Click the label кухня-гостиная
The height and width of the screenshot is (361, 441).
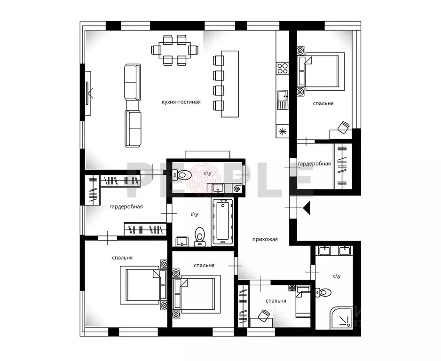[181, 102]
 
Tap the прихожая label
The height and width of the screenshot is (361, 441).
[265, 239]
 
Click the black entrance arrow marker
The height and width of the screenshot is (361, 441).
[307, 208]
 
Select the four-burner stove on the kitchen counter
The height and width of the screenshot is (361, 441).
[283, 68]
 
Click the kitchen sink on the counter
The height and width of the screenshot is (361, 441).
[283, 100]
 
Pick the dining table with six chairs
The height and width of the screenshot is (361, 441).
[174, 50]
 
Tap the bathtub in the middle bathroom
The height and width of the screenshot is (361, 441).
[223, 221]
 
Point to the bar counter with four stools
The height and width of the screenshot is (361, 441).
[226, 84]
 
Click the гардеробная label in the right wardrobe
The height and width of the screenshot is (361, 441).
[314, 164]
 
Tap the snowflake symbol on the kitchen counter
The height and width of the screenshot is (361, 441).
[283, 131]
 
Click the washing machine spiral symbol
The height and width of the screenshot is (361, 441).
[237, 188]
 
